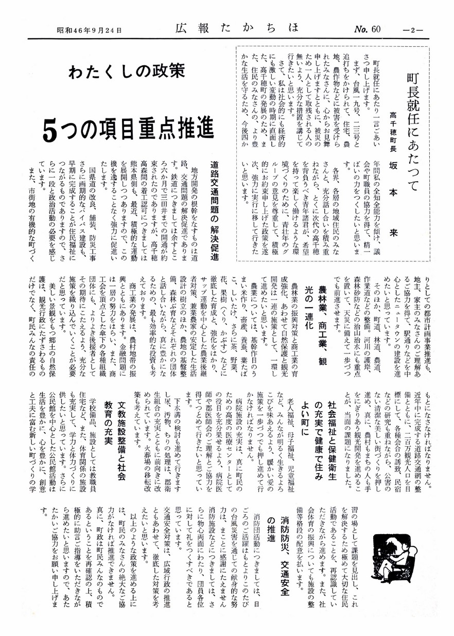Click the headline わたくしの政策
(126, 73)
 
